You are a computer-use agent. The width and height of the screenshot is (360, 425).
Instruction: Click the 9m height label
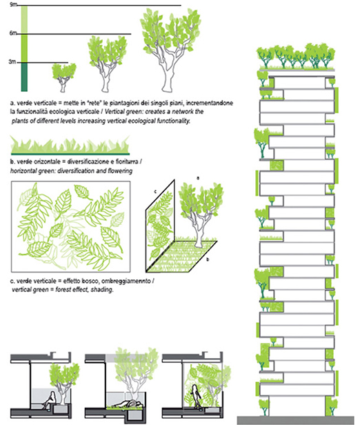pyautogui.click(x=14, y=4)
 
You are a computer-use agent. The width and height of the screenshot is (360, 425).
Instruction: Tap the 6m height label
pyautogui.click(x=13, y=33)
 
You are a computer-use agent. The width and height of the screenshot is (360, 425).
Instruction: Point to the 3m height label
pyautogui.click(x=12, y=62)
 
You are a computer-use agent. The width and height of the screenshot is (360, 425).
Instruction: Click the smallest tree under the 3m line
pyautogui.click(x=63, y=78)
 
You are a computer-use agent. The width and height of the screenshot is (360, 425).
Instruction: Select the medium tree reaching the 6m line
pyautogui.click(x=108, y=64)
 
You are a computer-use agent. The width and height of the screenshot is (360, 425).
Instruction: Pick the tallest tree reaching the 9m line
pyautogui.click(x=170, y=50)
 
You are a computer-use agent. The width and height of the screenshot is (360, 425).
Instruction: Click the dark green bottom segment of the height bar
pyautogui.click(x=24, y=77)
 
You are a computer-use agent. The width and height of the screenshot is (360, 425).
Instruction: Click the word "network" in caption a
pyautogui.click(x=183, y=112)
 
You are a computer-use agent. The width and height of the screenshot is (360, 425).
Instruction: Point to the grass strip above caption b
pyautogui.click(x=70, y=146)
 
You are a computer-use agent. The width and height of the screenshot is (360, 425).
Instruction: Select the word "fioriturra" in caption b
pyautogui.click(x=127, y=162)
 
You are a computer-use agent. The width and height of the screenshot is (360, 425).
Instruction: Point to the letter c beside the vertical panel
pyautogui.click(x=155, y=191)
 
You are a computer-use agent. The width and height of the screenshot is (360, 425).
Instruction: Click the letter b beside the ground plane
pyautogui.click(x=208, y=259)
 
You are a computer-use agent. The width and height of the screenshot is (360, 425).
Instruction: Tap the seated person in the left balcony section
pyautogui.click(x=50, y=398)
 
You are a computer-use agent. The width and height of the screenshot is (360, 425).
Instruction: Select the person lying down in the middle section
pyautogui.click(x=128, y=404)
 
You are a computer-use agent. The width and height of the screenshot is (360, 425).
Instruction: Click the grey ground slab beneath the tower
pyautogui.click(x=295, y=420)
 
